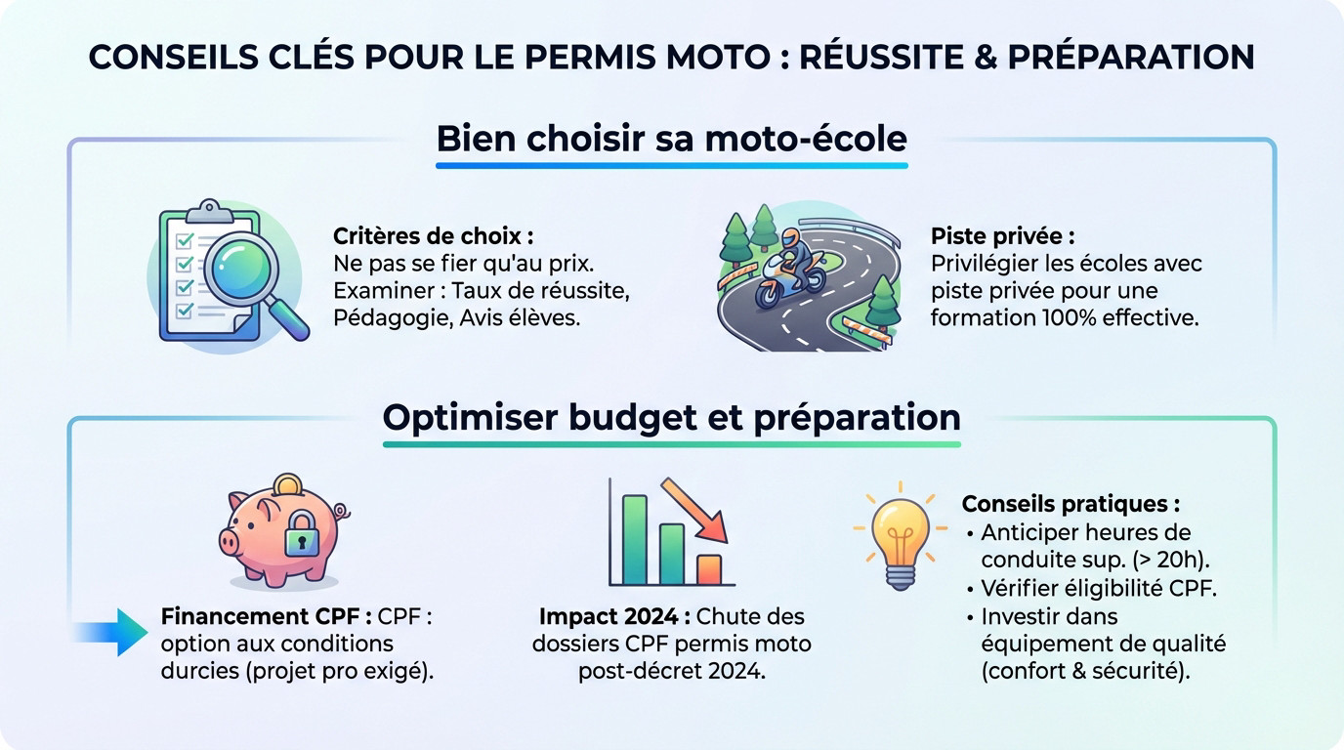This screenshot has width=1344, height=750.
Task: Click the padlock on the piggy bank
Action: pos(302,534)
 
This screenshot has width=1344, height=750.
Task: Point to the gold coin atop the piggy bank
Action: pos(287,483)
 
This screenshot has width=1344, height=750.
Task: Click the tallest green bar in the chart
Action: pos(635,539)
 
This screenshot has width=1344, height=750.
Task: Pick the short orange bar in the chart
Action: pos(709,568)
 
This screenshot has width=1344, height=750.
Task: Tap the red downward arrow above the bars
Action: pos(698,509)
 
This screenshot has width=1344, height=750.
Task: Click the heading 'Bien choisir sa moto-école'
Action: pos(671,139)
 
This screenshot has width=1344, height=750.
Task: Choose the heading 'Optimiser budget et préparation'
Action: pos(671,417)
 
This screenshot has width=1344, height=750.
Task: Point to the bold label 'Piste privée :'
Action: pos(1002,236)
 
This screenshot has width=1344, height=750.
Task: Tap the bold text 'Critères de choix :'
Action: pos(434,236)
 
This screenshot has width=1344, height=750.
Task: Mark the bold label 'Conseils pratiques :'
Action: pos(1071,504)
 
